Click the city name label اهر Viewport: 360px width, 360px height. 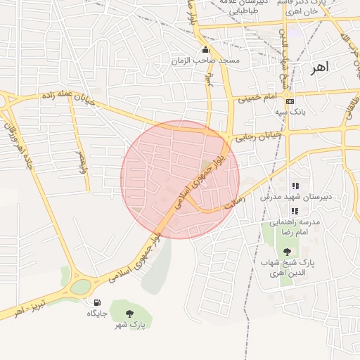[x=319, y=67]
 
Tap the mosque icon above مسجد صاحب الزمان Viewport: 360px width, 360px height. [x=205, y=50]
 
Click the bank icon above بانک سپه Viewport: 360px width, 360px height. [x=290, y=101]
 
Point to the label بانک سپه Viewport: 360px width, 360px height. [x=290, y=112]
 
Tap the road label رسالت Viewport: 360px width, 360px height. [x=233, y=204]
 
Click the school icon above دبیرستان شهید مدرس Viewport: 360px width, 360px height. [x=295, y=186]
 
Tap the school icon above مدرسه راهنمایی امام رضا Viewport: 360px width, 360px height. [x=295, y=211]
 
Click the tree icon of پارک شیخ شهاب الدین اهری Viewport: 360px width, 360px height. [x=286, y=251]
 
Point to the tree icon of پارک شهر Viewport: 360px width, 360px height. [x=128, y=314]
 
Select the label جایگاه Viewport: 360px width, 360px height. [x=96, y=313]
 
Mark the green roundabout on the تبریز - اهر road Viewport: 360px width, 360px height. [x=81, y=286]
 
